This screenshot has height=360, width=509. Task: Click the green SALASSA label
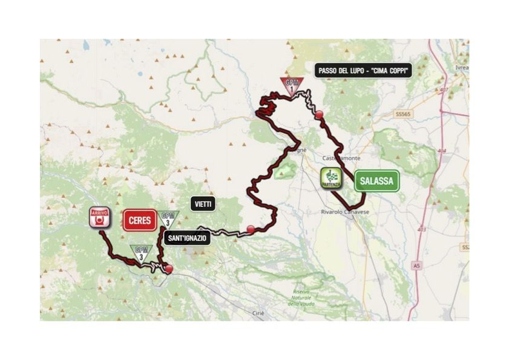(376, 180)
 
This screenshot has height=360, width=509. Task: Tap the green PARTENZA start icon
(331, 178)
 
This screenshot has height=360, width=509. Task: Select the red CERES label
(140, 221)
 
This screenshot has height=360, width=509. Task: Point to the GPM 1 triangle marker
(292, 86)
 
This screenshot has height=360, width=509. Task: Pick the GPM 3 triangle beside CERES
(169, 219)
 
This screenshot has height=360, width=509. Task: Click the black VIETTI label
(203, 204)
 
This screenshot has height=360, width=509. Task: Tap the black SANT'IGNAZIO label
(187, 238)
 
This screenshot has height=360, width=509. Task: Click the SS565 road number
(403, 115)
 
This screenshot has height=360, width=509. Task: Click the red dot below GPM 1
(318, 114)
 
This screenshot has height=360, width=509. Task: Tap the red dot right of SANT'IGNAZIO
(251, 229)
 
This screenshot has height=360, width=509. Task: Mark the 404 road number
(441, 151)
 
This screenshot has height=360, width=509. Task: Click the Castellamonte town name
(345, 158)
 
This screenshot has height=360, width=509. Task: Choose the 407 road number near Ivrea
(445, 90)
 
